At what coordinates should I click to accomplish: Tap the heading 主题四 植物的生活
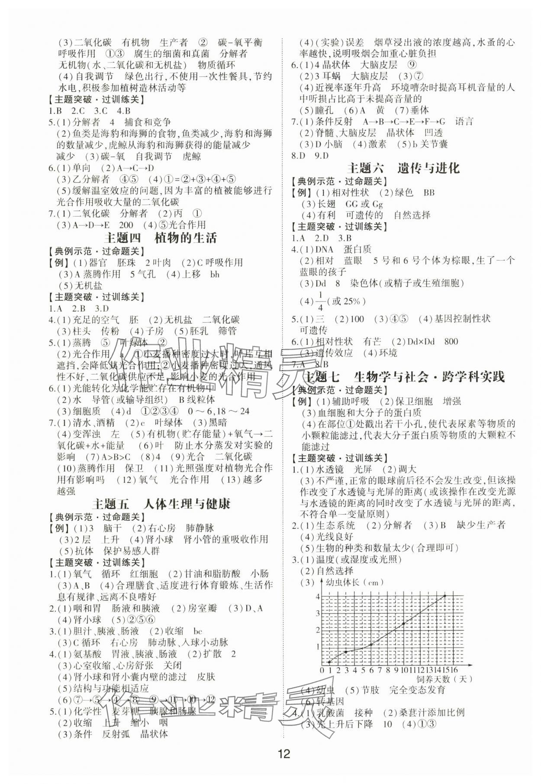click(x=161, y=238)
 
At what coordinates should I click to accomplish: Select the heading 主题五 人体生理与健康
click(x=161, y=504)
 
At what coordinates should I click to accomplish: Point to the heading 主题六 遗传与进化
click(x=403, y=168)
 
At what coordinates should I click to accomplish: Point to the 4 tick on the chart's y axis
click(x=318, y=597)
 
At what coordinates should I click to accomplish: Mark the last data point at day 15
click(x=445, y=596)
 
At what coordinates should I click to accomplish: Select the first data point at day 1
click(x=329, y=661)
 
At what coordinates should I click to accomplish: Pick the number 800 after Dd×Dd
click(x=451, y=341)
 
